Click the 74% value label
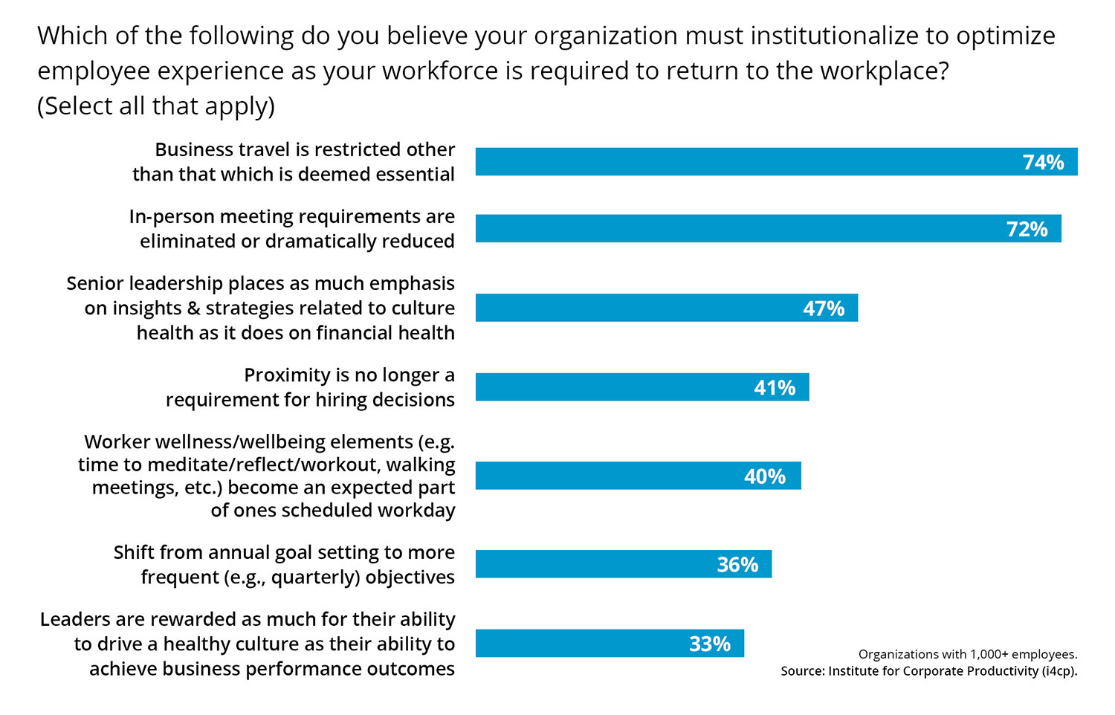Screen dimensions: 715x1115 point(1043,162)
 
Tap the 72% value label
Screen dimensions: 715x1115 point(1027,229)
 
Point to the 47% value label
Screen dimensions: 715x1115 point(824,308)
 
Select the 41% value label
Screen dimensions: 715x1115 point(775,388)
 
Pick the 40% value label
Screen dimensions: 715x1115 point(765,476)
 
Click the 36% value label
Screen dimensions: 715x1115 point(737,565)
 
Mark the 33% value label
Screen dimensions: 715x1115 point(710,644)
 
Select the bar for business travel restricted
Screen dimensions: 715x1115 point(743,162)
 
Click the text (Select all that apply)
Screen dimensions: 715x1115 point(156,106)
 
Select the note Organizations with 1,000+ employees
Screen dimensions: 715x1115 point(967,654)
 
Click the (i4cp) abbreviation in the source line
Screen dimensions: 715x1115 point(1059,671)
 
